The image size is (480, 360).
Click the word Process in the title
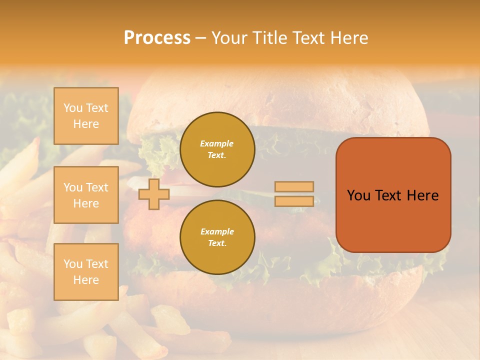(x=157, y=38)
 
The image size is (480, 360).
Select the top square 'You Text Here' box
(x=86, y=116)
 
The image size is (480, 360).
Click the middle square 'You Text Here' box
(x=86, y=195)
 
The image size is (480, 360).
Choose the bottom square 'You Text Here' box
(x=86, y=272)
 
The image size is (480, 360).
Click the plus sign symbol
(x=153, y=194)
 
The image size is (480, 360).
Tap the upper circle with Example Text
(x=217, y=149)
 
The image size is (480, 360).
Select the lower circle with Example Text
(x=217, y=237)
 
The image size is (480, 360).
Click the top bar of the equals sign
(x=294, y=186)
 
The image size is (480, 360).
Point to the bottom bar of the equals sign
(x=294, y=201)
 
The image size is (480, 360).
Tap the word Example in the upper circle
(x=217, y=143)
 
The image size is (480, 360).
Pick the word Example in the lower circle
(x=217, y=231)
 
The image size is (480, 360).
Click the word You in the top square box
(x=73, y=108)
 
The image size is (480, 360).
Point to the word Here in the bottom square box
(x=86, y=280)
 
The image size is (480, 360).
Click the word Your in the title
(x=227, y=38)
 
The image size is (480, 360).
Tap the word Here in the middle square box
(x=86, y=203)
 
